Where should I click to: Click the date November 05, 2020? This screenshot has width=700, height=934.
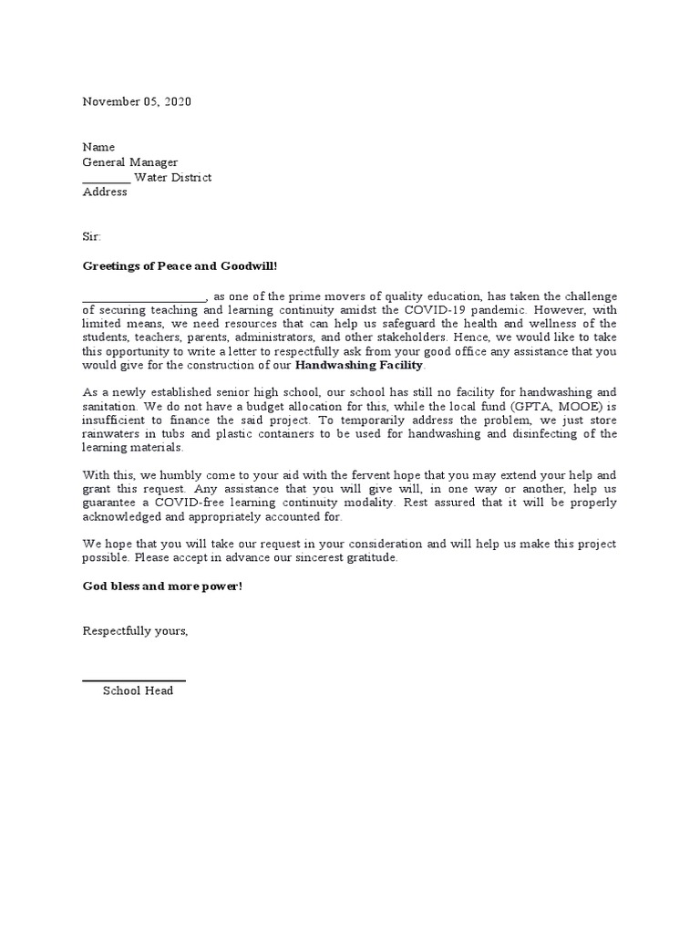138,102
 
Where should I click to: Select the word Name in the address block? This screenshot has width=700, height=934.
99,147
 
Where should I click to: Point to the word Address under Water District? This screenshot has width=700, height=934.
105,192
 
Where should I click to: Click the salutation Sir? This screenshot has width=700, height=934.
93,235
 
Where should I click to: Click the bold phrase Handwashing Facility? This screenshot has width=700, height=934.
359,365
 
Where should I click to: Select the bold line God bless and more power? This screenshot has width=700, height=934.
163,586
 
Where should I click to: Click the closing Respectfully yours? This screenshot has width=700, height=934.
136,631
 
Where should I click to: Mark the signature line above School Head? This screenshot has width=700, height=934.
134,680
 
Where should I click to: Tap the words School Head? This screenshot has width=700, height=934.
138,691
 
